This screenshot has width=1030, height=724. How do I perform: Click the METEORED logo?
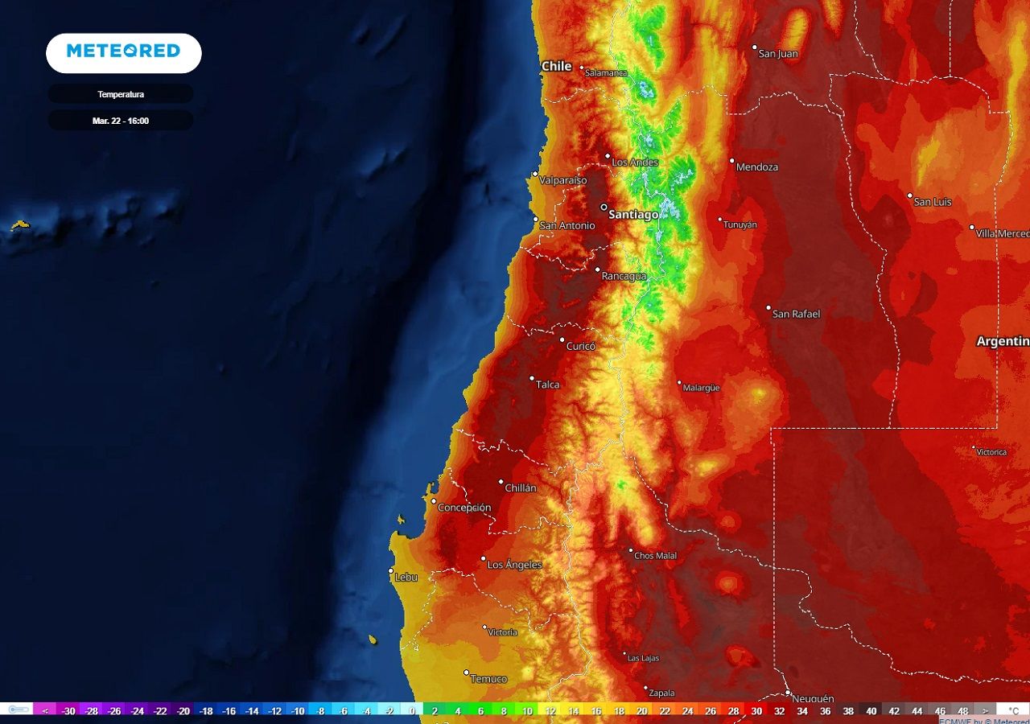click(x=123, y=51)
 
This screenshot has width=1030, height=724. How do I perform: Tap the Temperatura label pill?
click(x=121, y=94)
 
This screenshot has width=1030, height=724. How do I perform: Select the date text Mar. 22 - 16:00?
click(x=121, y=121)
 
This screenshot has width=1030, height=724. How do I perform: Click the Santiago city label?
click(x=633, y=215)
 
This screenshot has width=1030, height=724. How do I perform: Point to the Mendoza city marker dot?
click(x=732, y=161)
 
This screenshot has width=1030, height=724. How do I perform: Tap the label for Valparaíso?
click(x=563, y=180)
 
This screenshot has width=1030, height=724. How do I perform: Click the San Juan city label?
click(x=778, y=54)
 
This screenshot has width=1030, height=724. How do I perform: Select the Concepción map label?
click(x=465, y=508)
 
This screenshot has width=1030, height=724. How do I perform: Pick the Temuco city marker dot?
click(x=466, y=673)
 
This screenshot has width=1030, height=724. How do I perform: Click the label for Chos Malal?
click(x=656, y=556)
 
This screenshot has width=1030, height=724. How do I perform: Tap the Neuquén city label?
click(x=813, y=698)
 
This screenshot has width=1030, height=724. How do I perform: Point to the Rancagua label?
click(x=624, y=276)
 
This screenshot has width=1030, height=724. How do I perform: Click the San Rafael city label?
click(x=796, y=314)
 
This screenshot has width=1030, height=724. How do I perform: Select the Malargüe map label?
click(x=702, y=388)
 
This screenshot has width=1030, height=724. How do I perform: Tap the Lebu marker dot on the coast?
click(x=391, y=571)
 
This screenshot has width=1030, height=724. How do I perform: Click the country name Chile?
click(x=556, y=66)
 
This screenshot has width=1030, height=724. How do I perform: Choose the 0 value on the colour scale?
click(x=412, y=711)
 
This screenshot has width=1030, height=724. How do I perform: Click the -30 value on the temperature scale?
click(x=68, y=711)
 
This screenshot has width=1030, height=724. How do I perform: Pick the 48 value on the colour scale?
click(x=962, y=711)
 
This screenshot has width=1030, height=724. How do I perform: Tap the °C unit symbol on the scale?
click(x=1013, y=711)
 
